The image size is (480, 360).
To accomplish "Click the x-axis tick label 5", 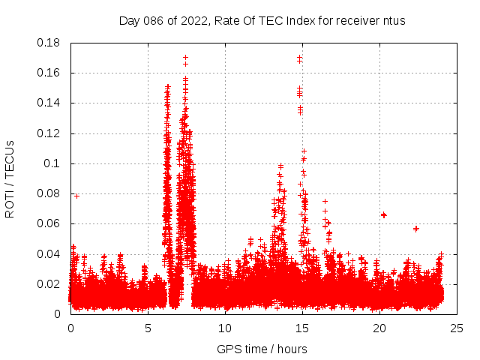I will coord(148,328).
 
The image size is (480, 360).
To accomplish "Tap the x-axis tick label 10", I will coord(225,328).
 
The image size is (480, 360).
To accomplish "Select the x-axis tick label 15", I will coord(302,328).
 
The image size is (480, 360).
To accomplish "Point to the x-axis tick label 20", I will coord(379,328).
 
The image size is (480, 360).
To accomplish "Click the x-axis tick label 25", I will coord(457,328).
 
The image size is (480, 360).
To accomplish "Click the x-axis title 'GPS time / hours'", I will coord(262,349).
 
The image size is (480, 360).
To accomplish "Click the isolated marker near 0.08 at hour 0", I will coord(76,196).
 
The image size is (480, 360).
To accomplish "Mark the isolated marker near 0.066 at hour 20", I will coord(383,215).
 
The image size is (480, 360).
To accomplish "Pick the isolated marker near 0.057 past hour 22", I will coord(416,229).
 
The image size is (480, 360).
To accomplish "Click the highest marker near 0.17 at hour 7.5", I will coord(185,57).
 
